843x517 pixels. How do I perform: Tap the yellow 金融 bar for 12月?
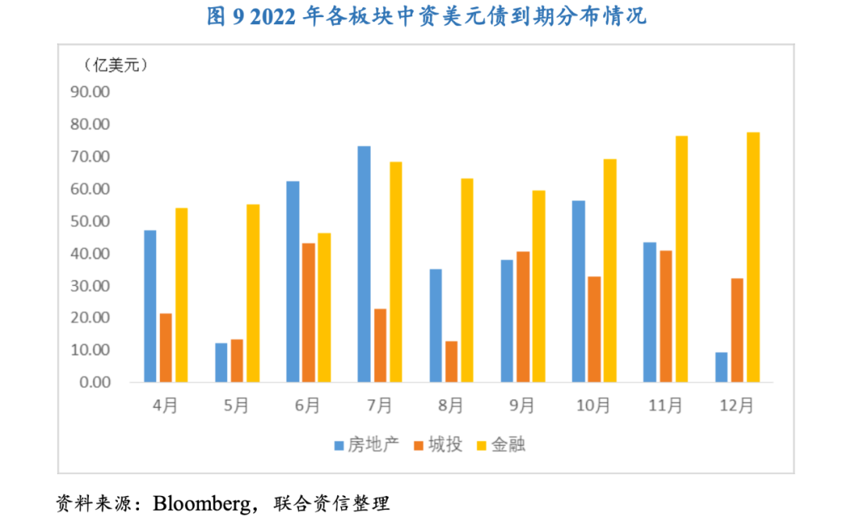click(x=752, y=257)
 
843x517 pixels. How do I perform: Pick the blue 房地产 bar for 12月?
click(x=721, y=367)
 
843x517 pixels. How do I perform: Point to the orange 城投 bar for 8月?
click(x=451, y=362)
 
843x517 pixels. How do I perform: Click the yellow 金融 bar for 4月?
click(x=181, y=294)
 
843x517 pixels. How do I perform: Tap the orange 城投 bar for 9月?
click(x=522, y=316)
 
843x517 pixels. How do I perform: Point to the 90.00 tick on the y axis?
click(x=91, y=92)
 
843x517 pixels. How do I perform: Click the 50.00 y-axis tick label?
click(x=91, y=221)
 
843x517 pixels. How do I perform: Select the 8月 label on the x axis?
click(x=450, y=406)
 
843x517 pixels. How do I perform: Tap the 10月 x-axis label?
click(x=593, y=406)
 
